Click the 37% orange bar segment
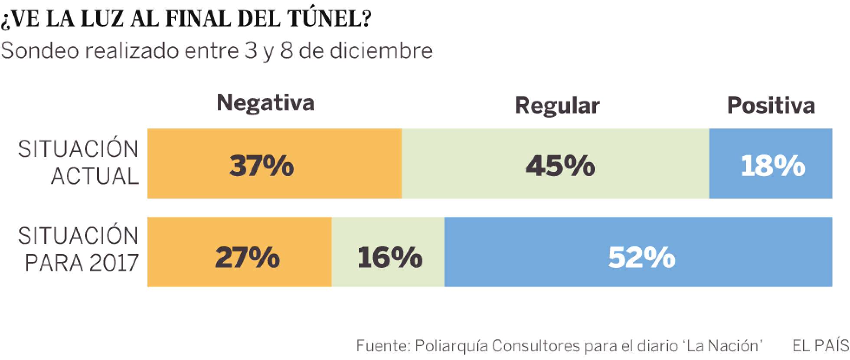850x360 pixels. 274,164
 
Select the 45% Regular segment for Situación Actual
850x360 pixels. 555,164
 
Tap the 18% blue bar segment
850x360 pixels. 771,164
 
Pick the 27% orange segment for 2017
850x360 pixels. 239,252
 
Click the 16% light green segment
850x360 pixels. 388,252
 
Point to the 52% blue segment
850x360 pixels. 638,252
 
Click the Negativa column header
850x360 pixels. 265,103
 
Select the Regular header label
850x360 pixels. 557,105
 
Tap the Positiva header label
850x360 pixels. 771,105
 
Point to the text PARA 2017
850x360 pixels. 82,263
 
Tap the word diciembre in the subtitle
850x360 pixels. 381,51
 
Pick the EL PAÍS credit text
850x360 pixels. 821,346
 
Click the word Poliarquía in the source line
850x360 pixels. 451,346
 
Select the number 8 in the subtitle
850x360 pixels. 287,51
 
